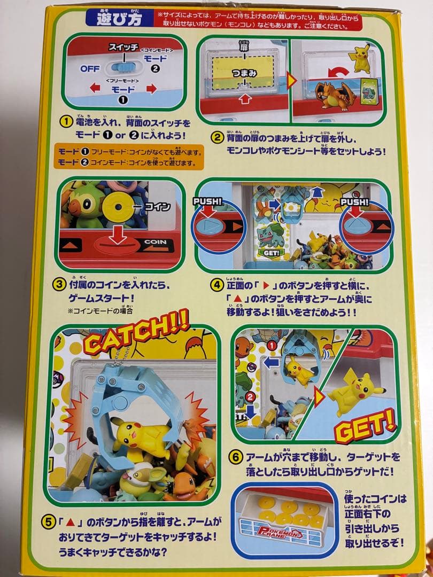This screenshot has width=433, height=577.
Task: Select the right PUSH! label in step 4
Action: coord(353,202)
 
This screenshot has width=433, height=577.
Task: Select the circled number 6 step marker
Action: coord(235,457)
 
